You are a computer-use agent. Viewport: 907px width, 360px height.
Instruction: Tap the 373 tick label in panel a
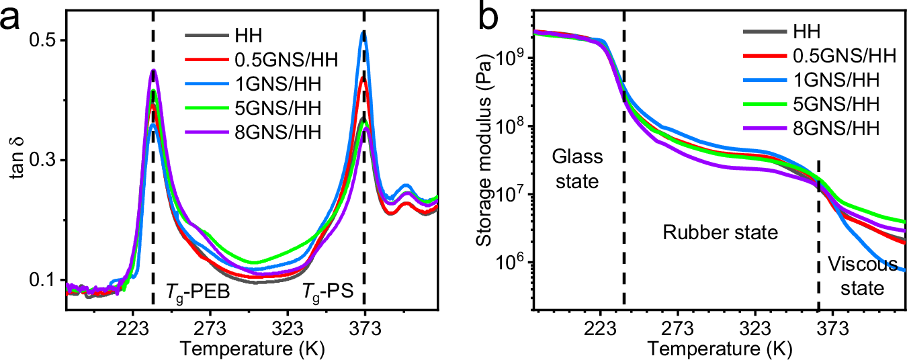(x=364, y=329)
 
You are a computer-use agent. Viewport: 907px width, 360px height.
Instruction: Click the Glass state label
(x=576, y=169)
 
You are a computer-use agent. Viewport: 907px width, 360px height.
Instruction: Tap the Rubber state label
(x=720, y=233)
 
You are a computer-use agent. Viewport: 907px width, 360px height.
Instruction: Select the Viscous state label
(x=862, y=276)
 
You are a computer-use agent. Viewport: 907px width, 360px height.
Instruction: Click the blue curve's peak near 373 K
(x=363, y=32)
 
